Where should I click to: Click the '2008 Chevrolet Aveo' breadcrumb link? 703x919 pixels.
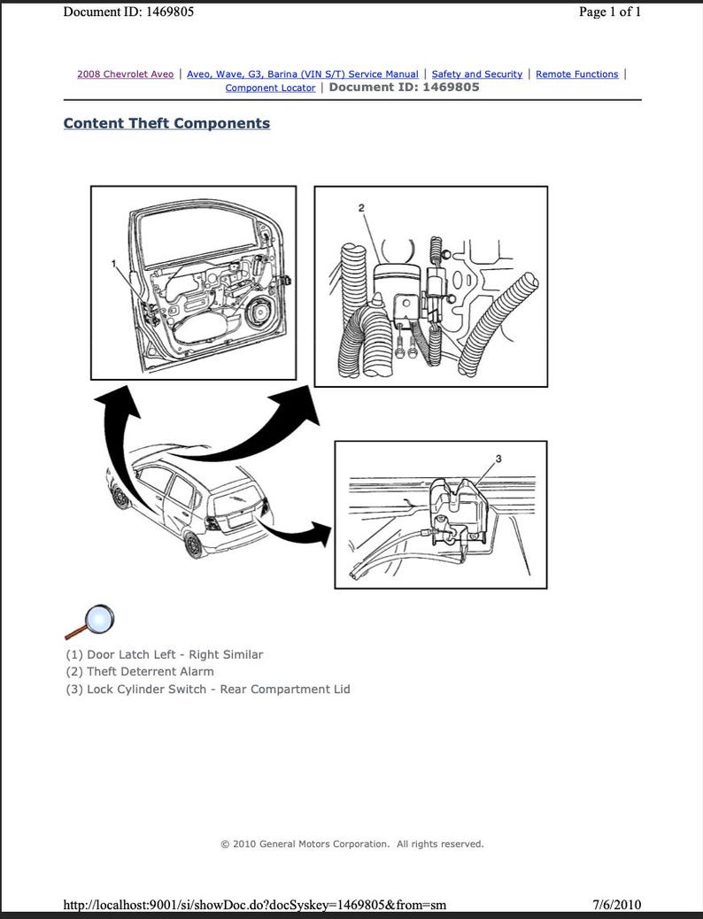(x=125, y=74)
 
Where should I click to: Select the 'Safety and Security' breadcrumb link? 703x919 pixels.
(x=476, y=74)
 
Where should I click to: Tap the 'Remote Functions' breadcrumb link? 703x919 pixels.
(x=576, y=74)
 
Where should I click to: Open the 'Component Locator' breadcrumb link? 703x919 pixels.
(x=270, y=88)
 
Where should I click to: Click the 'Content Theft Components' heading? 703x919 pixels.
(x=166, y=123)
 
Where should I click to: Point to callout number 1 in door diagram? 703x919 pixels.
(x=114, y=263)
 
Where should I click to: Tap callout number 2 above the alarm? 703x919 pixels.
(x=360, y=207)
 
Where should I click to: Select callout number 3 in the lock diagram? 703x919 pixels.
(x=498, y=459)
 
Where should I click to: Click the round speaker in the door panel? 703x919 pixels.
(x=259, y=313)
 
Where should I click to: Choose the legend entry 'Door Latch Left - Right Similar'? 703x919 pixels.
(x=165, y=654)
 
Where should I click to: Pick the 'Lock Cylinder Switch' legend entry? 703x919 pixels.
(x=208, y=689)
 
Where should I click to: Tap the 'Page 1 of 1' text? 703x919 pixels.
(x=609, y=12)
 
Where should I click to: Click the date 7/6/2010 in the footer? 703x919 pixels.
(x=617, y=905)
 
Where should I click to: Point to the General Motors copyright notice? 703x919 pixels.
(x=351, y=844)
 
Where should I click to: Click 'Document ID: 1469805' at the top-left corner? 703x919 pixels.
(x=129, y=12)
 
